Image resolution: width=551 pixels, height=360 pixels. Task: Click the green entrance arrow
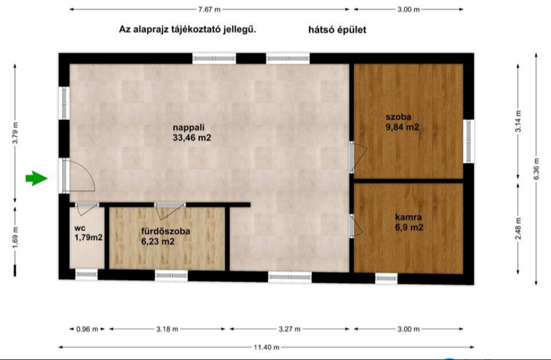(36, 178)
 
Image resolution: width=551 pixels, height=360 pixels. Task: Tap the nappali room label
(188, 128)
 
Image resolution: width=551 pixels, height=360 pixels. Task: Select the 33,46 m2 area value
(192, 138)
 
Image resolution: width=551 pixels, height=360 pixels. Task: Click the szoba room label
(399, 117)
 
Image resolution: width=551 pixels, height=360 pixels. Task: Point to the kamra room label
(408, 217)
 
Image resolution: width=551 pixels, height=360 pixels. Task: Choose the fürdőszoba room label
(166, 231)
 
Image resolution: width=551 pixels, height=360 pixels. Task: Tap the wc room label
(80, 228)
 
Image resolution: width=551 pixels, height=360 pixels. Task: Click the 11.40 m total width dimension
(266, 347)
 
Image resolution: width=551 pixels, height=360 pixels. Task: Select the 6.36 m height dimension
(536, 168)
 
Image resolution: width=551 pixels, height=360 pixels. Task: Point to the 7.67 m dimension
(209, 10)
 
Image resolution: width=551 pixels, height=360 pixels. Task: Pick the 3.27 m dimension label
(289, 329)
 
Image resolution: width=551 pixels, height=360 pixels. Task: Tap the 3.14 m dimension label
(518, 121)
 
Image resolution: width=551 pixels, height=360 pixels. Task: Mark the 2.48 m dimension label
(518, 229)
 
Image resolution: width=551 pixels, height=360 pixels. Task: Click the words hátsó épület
(337, 30)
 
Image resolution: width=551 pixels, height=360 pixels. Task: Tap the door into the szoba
(358, 158)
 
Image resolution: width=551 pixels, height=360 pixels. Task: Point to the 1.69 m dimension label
(15, 237)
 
